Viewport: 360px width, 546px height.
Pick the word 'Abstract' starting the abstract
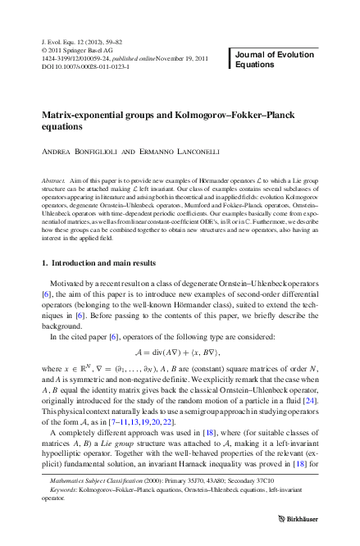click(x=54, y=178)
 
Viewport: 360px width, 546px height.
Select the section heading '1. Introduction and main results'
click(x=98, y=262)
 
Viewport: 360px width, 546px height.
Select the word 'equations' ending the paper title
click(x=66, y=127)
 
